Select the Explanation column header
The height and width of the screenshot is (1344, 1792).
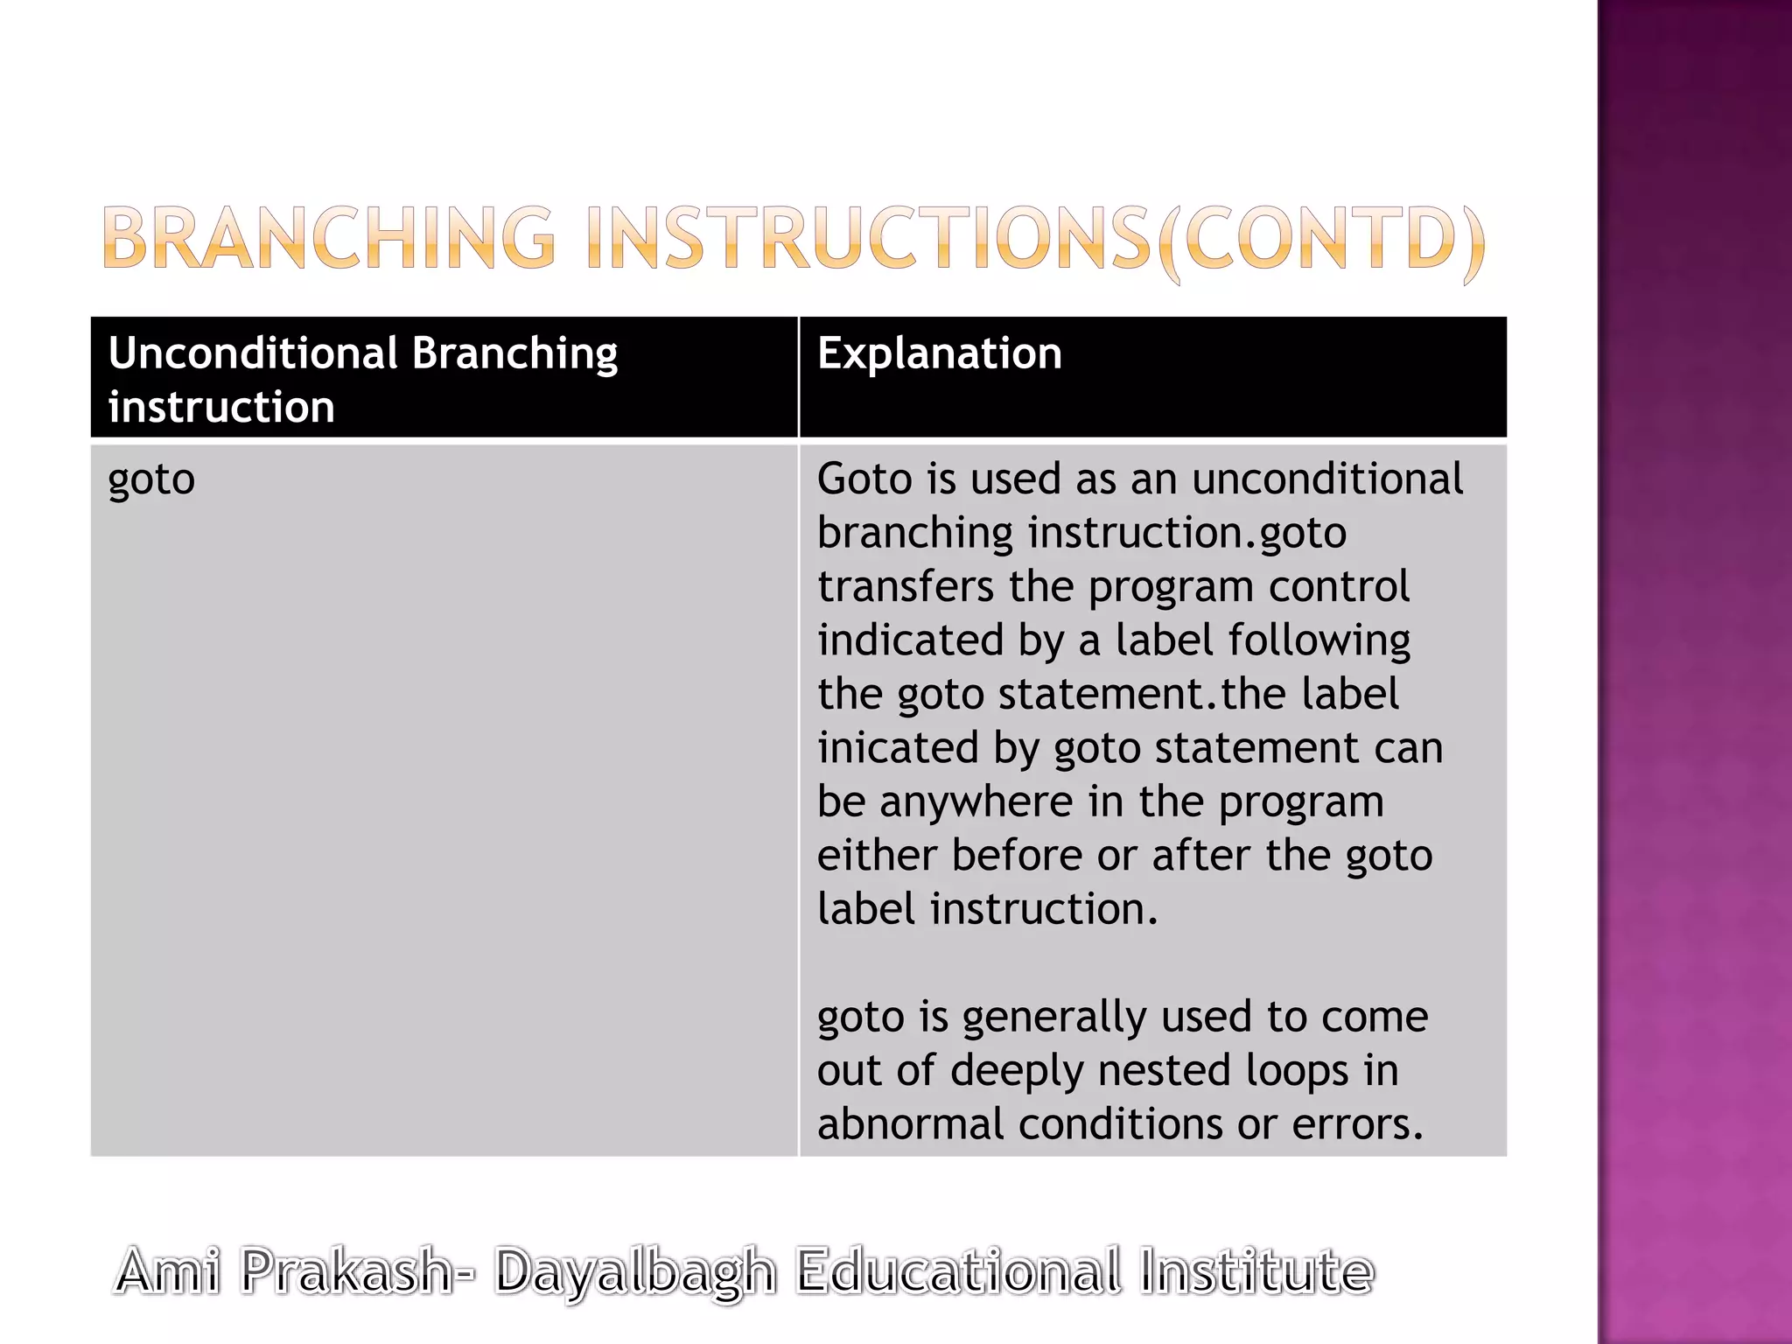click(939, 353)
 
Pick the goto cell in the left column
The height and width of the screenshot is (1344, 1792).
click(151, 479)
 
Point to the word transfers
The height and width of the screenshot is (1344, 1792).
click(906, 586)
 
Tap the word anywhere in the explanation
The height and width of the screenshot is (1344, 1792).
click(976, 801)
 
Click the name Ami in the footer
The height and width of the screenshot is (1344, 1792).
click(168, 1271)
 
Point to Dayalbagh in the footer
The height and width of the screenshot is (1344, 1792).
click(635, 1273)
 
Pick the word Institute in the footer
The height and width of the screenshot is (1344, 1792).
click(1256, 1271)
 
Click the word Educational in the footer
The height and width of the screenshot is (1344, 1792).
click(958, 1271)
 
